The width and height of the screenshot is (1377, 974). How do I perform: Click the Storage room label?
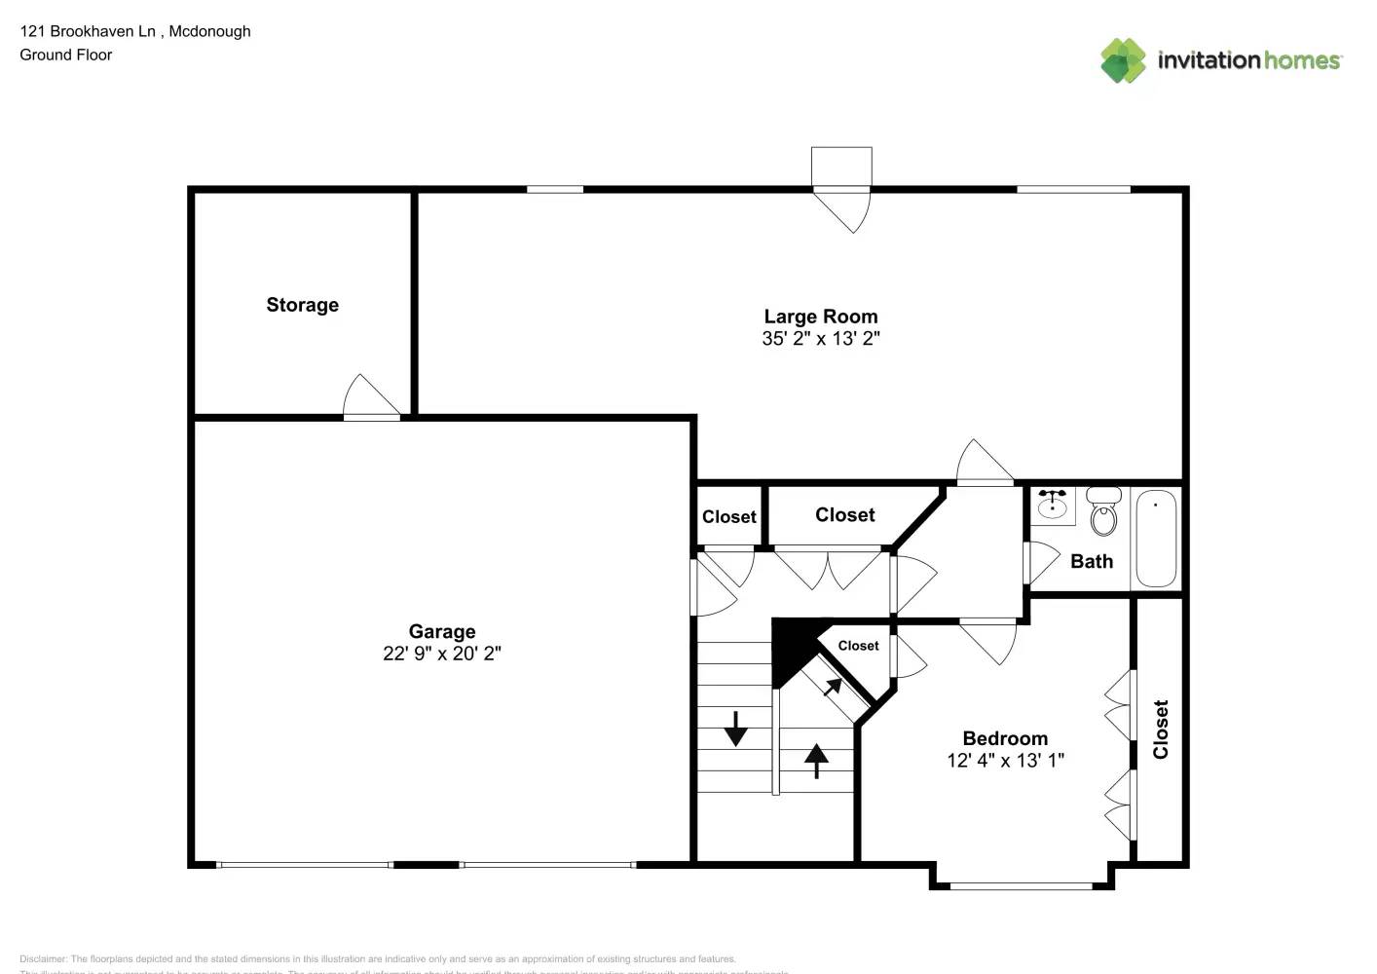pos(302,305)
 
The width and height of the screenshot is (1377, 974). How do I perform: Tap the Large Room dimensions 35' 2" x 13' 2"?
pos(820,339)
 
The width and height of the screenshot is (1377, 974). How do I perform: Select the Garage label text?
pos(441,631)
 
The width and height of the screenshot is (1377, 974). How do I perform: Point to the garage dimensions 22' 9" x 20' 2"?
pos(441,654)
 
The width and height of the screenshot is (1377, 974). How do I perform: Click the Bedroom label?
pos(1005,738)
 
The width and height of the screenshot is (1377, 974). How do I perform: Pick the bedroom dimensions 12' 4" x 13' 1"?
pos(1005,761)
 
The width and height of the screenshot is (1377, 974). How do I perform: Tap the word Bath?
pos(1091,561)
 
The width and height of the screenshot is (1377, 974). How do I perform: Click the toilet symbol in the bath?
pos(1103,512)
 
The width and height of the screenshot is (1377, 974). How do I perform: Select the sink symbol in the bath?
pos(1052,505)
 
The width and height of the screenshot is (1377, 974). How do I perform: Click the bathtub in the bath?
pos(1156,539)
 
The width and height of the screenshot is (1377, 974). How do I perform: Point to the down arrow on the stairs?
pos(735,729)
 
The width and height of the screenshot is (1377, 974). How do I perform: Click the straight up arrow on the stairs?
pos(816,760)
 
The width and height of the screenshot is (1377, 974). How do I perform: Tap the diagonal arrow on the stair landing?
pos(833,687)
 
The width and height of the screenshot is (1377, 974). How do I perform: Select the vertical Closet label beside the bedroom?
pos(1160,730)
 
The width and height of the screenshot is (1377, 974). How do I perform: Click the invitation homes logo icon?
pos(1123,60)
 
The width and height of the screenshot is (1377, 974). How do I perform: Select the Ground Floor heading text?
pos(66,55)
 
